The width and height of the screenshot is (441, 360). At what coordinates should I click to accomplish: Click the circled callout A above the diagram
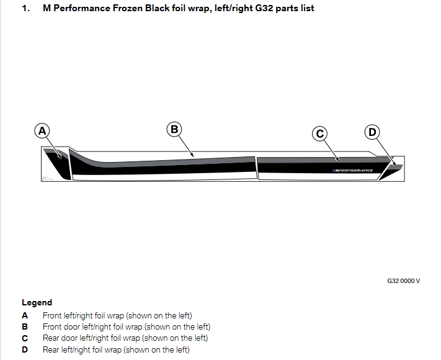[42, 131]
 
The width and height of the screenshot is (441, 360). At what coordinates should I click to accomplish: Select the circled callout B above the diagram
[174, 129]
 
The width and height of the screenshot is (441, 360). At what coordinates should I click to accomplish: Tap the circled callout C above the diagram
[319, 133]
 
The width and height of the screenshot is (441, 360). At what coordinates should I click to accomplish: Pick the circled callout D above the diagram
[372, 132]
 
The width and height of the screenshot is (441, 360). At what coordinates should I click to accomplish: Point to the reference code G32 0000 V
[403, 281]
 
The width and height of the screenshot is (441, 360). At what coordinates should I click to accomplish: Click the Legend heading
[37, 303]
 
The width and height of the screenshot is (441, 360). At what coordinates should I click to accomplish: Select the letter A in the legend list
[25, 315]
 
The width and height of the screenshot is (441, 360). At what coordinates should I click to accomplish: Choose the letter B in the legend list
[25, 326]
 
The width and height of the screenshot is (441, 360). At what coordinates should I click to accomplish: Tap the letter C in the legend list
[25, 338]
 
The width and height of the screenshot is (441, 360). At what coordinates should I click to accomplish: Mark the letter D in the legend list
[25, 349]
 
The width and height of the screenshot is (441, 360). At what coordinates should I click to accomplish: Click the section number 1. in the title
[25, 9]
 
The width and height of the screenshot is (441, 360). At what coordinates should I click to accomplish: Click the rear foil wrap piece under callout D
[391, 171]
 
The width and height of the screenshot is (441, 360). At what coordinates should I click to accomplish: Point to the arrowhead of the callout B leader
[194, 155]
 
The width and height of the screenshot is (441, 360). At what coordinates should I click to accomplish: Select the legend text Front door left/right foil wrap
[127, 326]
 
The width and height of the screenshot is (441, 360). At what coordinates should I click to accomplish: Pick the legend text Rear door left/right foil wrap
[125, 338]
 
